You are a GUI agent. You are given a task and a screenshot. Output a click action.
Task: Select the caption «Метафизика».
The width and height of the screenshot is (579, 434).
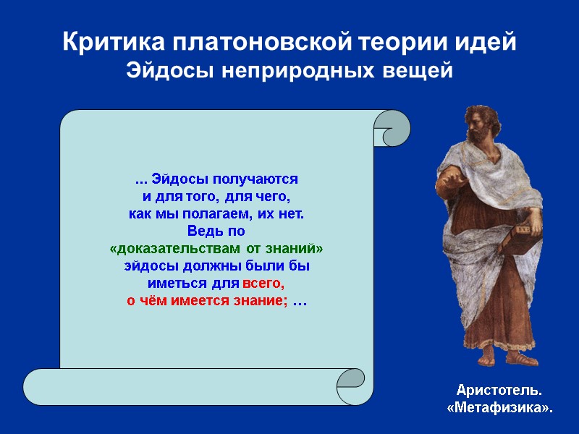point(499,408)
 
